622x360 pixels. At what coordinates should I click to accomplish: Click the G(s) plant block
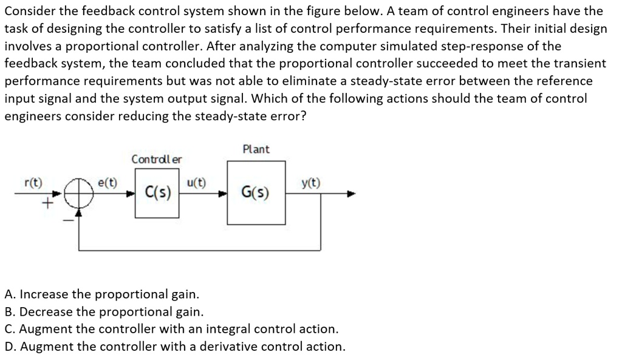(256, 194)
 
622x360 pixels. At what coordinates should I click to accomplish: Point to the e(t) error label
(108, 182)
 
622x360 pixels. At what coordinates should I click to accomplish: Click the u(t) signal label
(197, 182)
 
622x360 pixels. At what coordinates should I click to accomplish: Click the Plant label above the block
(256, 149)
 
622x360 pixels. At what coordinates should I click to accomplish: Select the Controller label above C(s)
(157, 159)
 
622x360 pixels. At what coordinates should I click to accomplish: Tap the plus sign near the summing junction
(43, 206)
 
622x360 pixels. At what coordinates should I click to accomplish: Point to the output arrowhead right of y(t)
(350, 194)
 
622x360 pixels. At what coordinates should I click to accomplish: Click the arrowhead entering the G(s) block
(223, 194)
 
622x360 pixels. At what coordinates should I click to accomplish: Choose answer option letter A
(9, 294)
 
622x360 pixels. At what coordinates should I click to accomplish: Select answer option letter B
(9, 312)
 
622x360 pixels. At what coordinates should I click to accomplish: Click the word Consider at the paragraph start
(29, 11)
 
